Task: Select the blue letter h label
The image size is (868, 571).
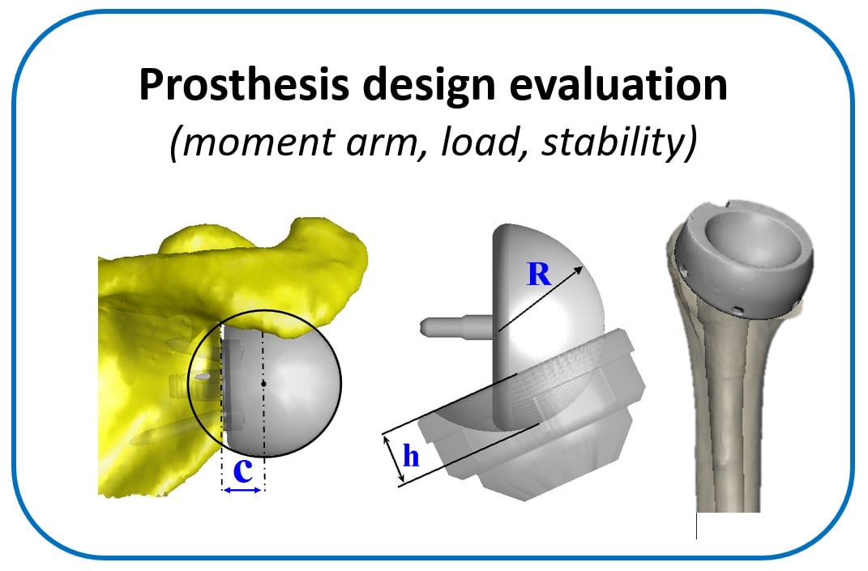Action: [412, 457]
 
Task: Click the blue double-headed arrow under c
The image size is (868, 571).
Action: [243, 490]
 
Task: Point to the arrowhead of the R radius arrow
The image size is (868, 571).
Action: [579, 268]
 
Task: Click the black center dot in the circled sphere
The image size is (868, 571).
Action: [264, 381]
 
